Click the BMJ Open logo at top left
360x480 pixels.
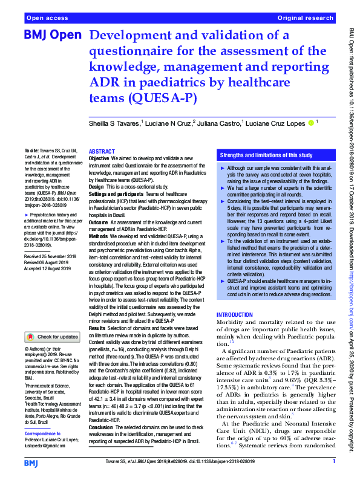click(52, 36)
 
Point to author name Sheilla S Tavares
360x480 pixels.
click(114, 124)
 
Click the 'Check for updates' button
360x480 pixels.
click(52, 337)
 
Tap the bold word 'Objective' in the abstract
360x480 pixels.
click(99, 158)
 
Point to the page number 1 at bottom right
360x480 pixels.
click(333, 462)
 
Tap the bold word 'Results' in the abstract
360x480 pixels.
click(97, 326)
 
